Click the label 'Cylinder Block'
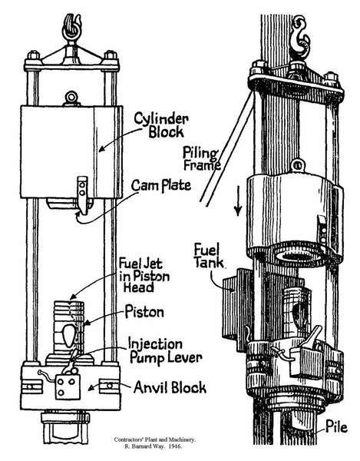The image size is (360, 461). point(161,125)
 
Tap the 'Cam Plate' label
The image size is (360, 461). point(161,185)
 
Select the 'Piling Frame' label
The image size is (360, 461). point(201,159)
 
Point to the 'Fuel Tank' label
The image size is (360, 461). point(208,257)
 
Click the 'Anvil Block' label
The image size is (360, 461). point(170,387)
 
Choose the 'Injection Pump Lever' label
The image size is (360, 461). point(165,351)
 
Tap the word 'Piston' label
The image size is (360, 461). point(144,312)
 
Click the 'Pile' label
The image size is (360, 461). point(336,427)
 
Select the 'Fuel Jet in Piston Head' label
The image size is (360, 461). point(144,276)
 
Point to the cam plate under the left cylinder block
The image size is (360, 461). point(83,195)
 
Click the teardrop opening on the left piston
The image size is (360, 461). point(69,336)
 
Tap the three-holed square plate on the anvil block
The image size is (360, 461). point(68,387)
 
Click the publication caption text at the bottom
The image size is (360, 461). point(154,443)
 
